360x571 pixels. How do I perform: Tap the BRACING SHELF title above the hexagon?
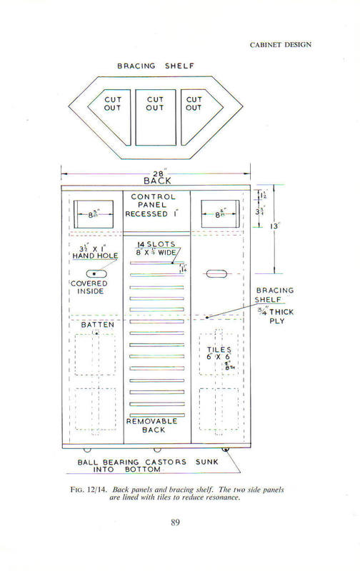(x=155, y=66)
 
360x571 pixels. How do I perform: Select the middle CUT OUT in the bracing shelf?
(x=155, y=103)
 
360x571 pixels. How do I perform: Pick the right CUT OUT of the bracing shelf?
(x=194, y=103)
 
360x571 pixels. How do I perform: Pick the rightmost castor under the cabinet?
(x=226, y=450)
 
